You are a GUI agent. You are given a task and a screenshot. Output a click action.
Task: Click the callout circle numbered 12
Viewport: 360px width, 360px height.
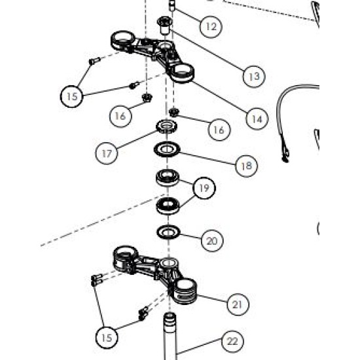pos(211,26)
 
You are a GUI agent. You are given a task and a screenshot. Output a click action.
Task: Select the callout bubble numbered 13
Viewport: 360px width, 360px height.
pos(254,76)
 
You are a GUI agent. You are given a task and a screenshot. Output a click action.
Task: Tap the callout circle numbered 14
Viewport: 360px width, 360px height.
pos(257,118)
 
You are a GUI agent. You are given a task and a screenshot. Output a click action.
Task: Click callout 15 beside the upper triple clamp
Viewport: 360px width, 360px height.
pos(72,96)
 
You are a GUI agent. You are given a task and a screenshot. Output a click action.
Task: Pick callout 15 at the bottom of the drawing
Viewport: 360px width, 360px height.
pos(107,338)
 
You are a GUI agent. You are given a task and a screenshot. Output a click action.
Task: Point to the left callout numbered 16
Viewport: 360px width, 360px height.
pos(120,116)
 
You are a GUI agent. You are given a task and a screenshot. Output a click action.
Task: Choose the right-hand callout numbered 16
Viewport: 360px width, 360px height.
pos(219,130)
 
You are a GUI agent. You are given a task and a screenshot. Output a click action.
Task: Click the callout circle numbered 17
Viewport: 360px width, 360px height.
pos(107,153)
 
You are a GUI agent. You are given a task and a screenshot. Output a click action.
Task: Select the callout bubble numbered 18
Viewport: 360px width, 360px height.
pos(247,166)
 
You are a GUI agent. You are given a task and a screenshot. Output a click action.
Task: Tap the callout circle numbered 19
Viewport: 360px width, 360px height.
pos(204,188)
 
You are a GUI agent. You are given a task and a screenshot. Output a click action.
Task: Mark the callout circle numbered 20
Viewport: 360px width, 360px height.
pos(212,241)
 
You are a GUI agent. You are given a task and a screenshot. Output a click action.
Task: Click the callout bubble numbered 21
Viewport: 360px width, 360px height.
pos(238,304)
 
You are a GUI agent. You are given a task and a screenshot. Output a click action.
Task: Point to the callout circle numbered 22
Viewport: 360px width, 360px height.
pos(232,342)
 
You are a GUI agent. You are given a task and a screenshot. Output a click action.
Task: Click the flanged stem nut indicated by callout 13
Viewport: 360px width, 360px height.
pos(165,26)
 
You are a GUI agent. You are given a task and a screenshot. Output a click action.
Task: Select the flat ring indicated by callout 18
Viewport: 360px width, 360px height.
pos(167,150)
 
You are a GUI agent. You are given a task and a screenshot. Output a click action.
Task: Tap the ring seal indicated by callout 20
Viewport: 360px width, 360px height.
pos(168,232)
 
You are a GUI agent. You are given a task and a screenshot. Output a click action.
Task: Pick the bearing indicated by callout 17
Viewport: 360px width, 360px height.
pos(167,126)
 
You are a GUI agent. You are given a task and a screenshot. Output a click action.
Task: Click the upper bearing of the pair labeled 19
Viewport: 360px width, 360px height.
pos(168,177)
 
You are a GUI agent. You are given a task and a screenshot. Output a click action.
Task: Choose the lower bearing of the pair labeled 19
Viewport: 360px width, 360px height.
pos(168,206)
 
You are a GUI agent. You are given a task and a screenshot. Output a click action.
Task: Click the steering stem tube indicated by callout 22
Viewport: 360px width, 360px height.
pos(170,336)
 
